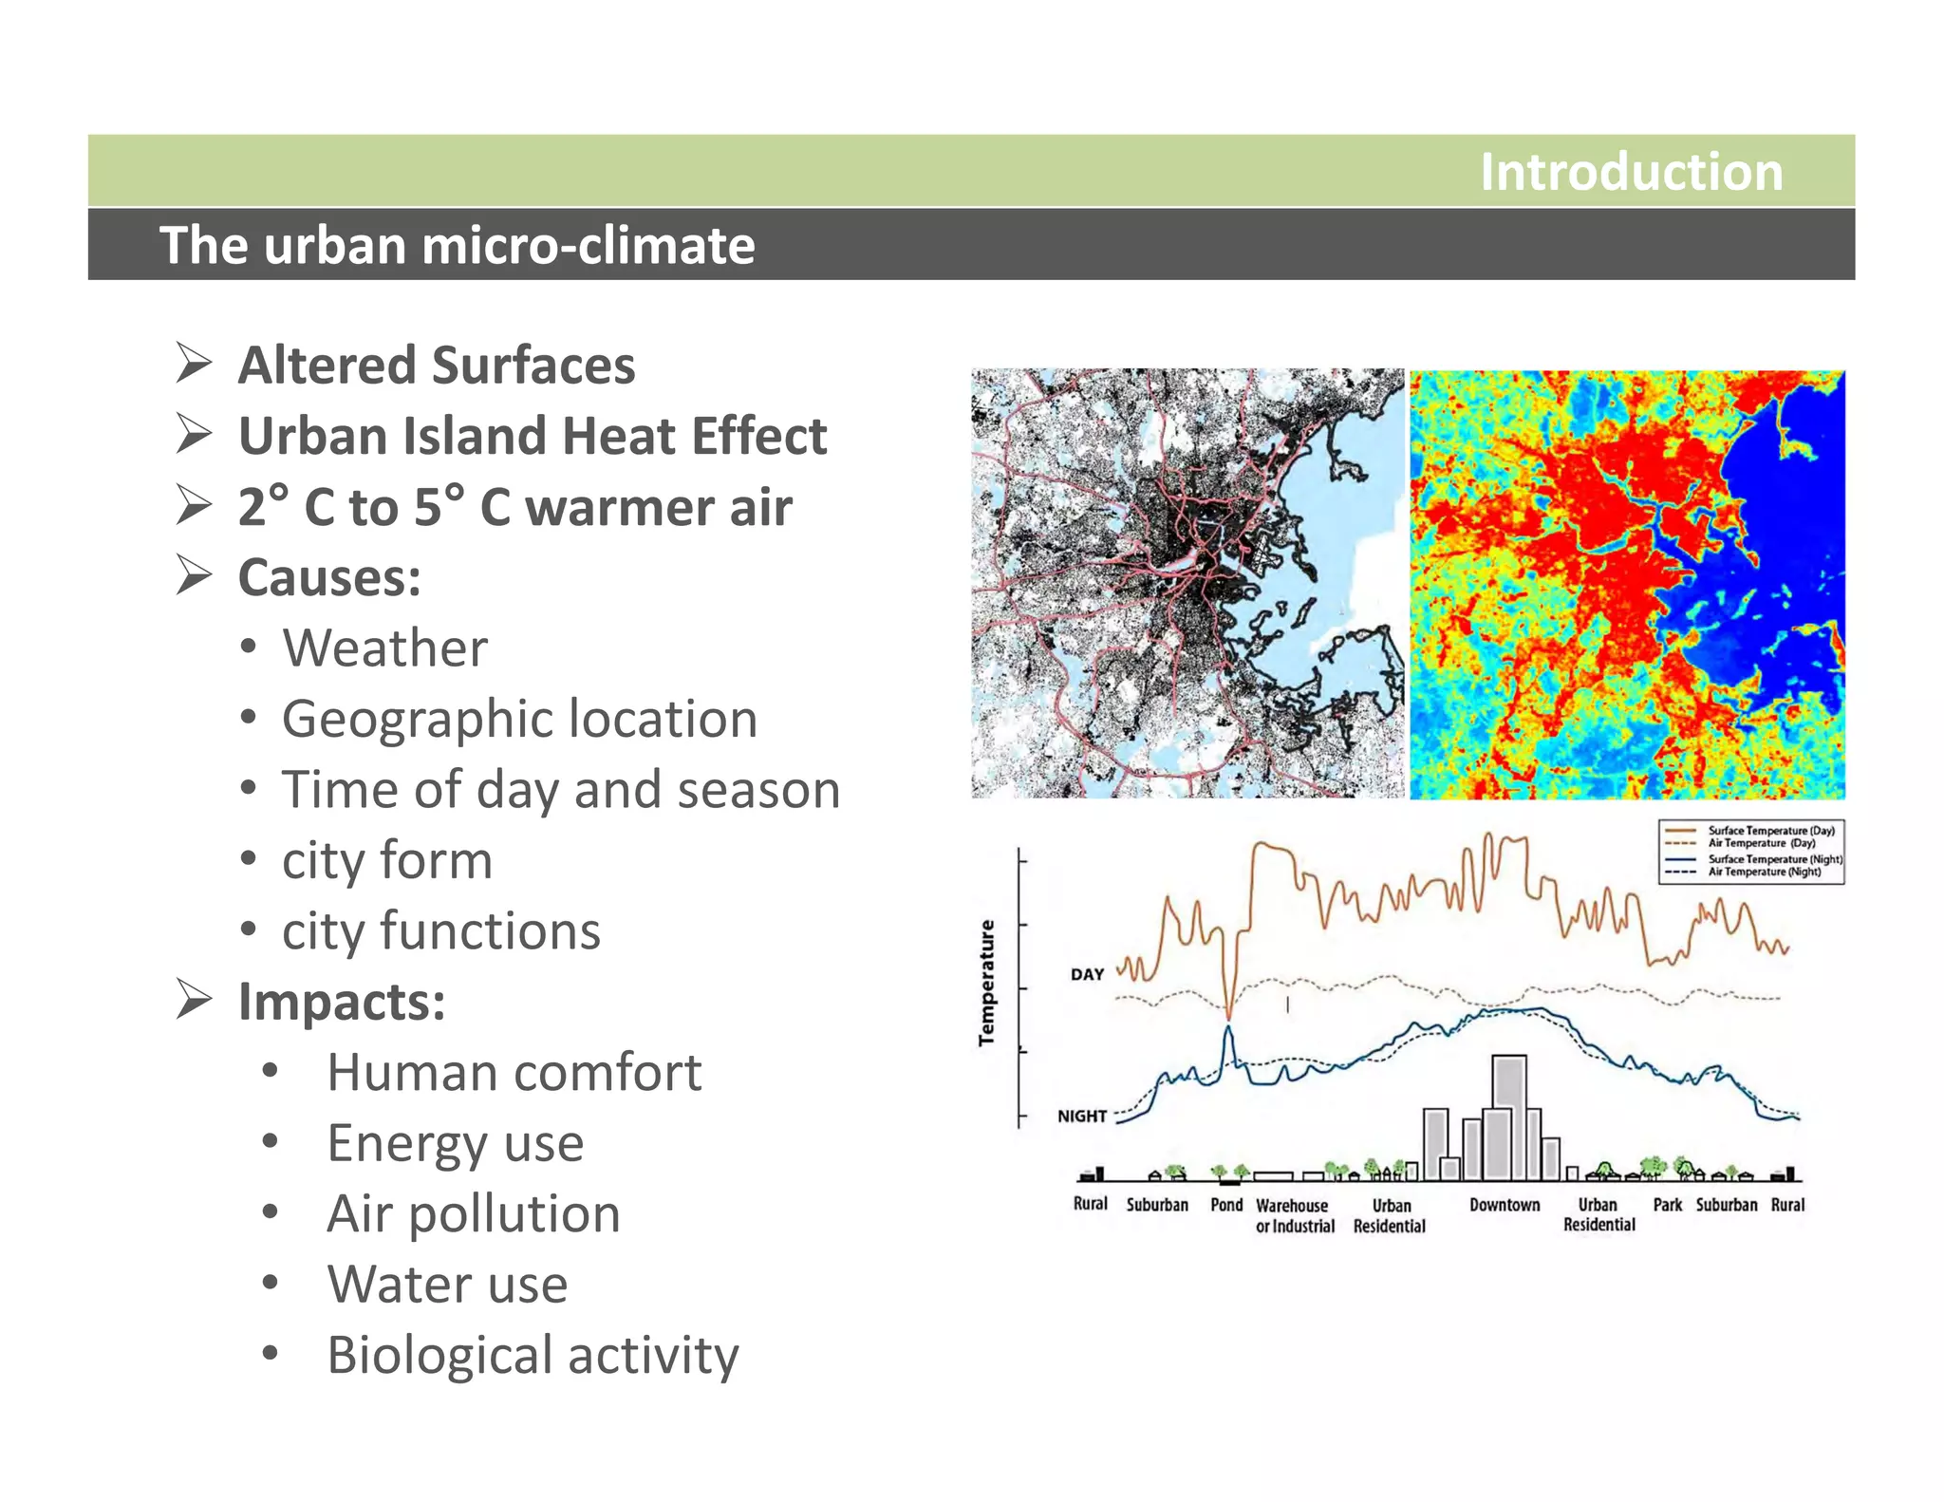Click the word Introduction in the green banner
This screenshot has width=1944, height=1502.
(x=1630, y=172)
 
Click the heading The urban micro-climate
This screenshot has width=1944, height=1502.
(x=457, y=245)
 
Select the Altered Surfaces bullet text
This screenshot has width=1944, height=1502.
(x=436, y=366)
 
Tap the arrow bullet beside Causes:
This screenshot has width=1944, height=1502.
(x=194, y=575)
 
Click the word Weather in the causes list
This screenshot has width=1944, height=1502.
(x=384, y=648)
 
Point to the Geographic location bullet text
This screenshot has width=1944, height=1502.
(x=519, y=719)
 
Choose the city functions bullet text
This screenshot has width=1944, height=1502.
(x=441, y=930)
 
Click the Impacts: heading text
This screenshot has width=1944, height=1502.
(x=342, y=1002)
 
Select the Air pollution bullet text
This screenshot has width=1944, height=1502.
(x=473, y=1213)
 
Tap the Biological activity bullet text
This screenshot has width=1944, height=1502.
(x=533, y=1355)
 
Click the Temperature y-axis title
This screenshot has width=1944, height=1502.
(x=987, y=983)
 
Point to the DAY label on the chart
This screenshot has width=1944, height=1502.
(x=1087, y=974)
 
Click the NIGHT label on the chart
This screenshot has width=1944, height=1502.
(x=1082, y=1116)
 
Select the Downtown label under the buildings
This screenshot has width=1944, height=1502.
(x=1505, y=1205)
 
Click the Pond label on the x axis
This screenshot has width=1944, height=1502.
(x=1226, y=1205)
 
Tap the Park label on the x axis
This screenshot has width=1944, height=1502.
(x=1667, y=1205)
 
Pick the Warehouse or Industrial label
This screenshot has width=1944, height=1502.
(x=1295, y=1215)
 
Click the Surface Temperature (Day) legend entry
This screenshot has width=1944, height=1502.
(x=1771, y=830)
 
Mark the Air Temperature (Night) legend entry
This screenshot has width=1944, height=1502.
(x=1764, y=872)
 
